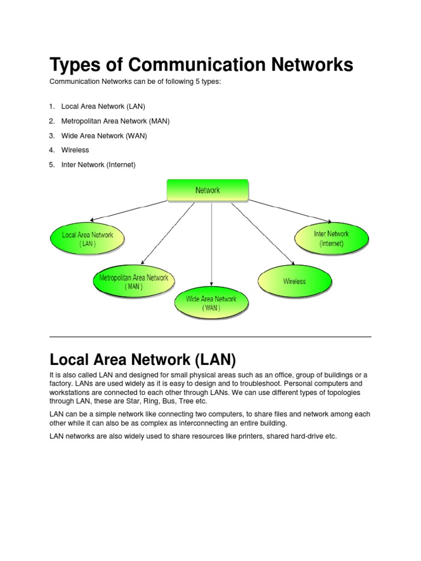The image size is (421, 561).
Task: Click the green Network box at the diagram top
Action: coord(207,191)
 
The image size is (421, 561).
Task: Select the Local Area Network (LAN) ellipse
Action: coord(88,239)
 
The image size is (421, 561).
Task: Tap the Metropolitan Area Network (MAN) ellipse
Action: coord(134,282)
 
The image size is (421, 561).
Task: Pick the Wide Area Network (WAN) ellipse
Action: coord(211,303)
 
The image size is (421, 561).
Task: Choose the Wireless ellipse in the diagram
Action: coord(294,282)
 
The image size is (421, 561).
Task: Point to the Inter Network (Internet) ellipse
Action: coord(331,239)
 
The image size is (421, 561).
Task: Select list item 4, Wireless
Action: coord(75,150)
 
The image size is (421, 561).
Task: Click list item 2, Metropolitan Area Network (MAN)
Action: coord(115,121)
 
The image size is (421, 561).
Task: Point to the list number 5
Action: coord(52,164)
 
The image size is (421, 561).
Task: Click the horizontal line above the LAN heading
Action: coord(210,336)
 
